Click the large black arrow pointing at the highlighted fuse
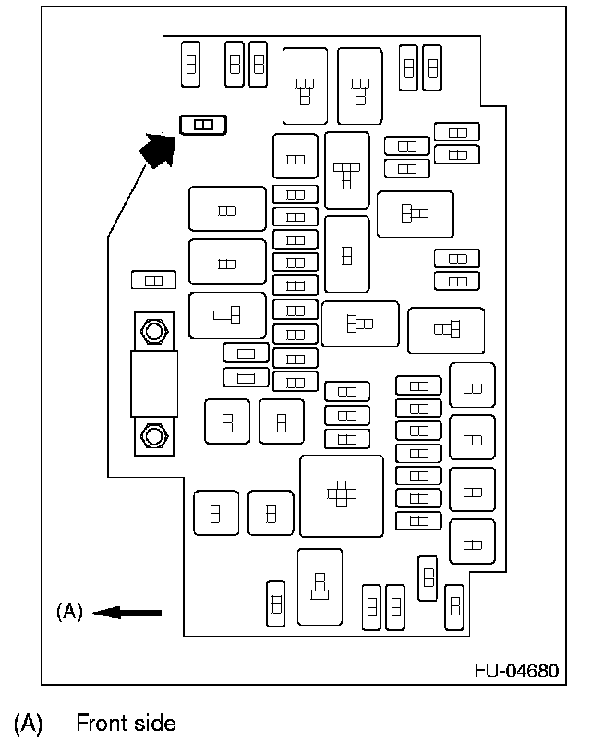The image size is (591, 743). [159, 148]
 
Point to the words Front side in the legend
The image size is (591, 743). [126, 723]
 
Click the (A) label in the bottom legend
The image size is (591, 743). [28, 723]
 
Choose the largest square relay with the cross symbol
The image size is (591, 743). [342, 495]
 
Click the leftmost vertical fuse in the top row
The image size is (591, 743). [191, 64]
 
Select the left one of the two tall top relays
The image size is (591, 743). [305, 86]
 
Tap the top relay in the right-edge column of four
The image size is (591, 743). [472, 386]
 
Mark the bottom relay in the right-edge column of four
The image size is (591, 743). [472, 542]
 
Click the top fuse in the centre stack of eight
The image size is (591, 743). [295, 194]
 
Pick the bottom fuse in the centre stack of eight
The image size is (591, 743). [295, 382]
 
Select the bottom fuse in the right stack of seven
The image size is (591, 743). [418, 520]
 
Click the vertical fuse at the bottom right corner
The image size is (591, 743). [453, 604]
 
